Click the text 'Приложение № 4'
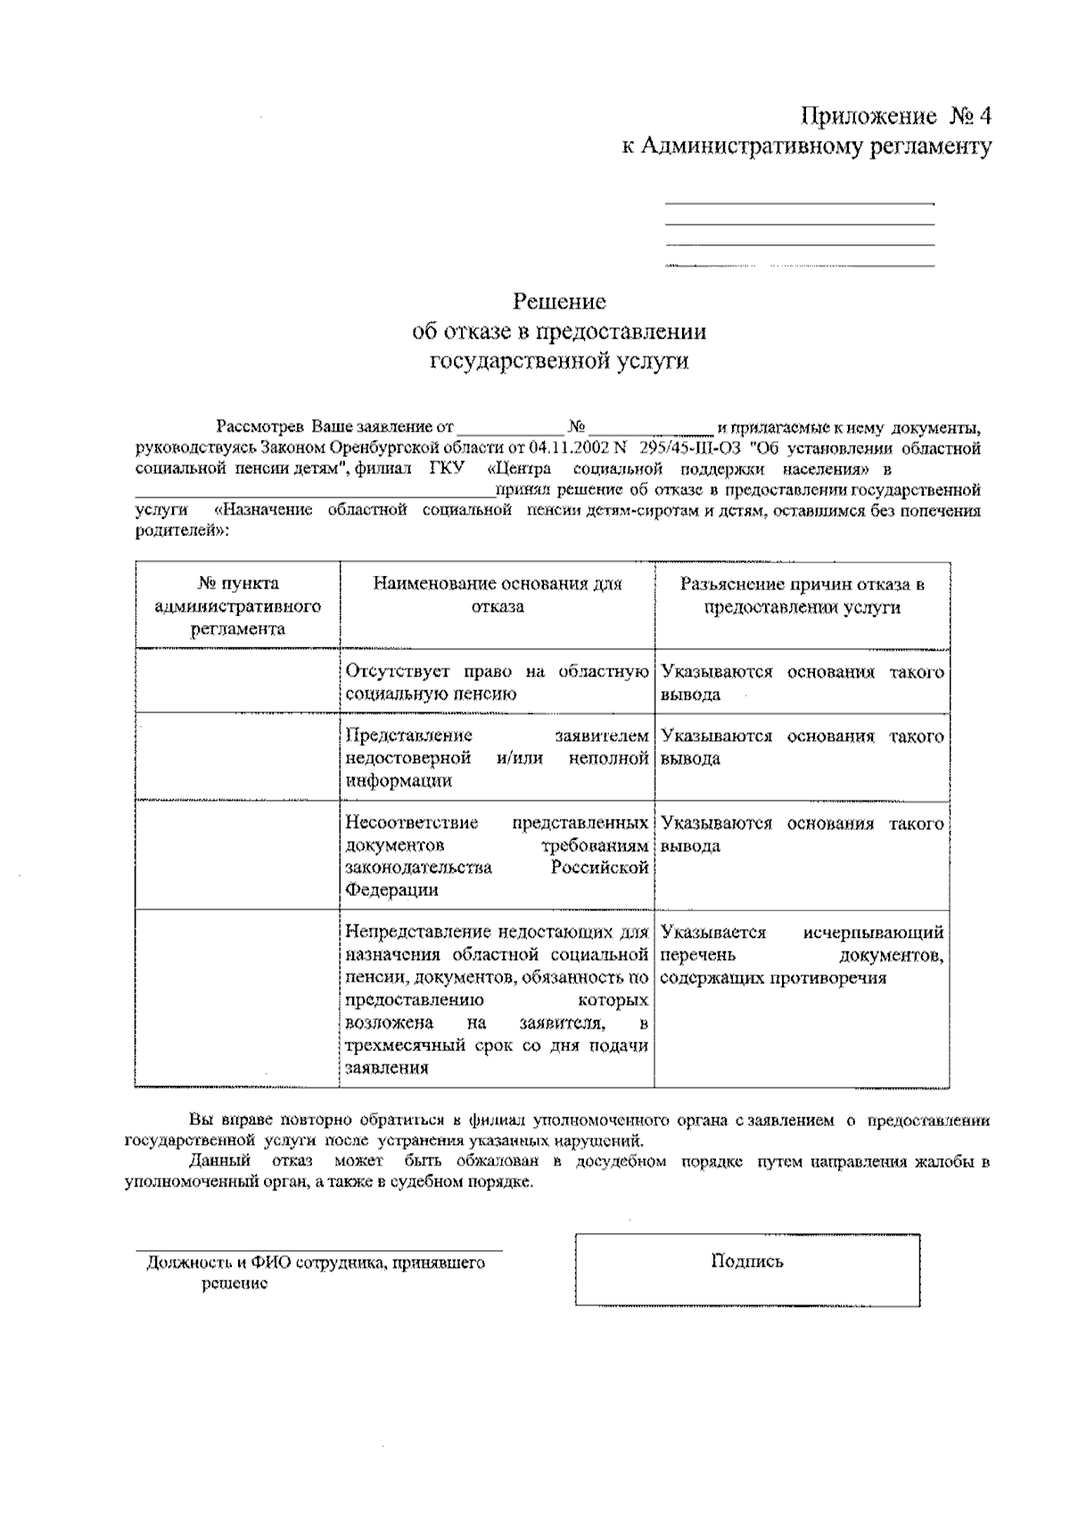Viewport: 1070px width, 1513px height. pos(896,117)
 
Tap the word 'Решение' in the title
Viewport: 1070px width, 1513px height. pos(559,301)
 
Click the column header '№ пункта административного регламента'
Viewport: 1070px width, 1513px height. pos(237,605)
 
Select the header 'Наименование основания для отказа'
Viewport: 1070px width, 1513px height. pos(497,595)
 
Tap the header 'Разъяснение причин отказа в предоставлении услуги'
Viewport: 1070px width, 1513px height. pos(802,595)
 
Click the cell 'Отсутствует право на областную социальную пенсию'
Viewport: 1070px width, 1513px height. pos(497,682)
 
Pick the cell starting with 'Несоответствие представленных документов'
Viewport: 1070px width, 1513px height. pos(497,856)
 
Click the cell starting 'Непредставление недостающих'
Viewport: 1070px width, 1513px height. pos(497,999)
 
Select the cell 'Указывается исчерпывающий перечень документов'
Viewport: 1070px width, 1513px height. pos(802,955)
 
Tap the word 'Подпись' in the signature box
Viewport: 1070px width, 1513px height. pos(747,1261)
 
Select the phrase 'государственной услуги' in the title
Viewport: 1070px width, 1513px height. pos(559,361)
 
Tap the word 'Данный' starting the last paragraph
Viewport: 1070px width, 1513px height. pos(211,1162)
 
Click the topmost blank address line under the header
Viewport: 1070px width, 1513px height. pos(800,203)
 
